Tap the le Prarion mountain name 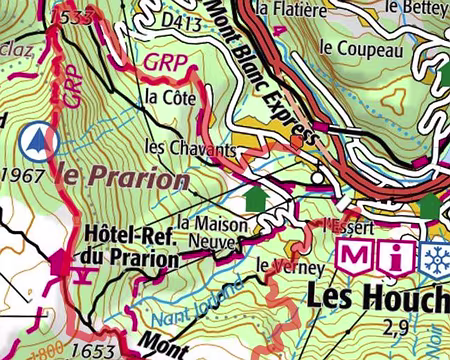(125, 178)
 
